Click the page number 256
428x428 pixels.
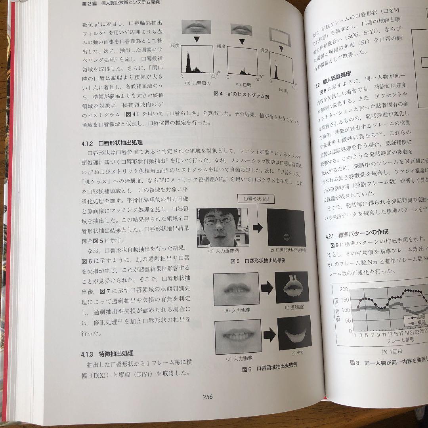tap(208, 397)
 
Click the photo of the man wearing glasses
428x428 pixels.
tap(222, 227)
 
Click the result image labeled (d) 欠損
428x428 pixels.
tap(294, 332)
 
